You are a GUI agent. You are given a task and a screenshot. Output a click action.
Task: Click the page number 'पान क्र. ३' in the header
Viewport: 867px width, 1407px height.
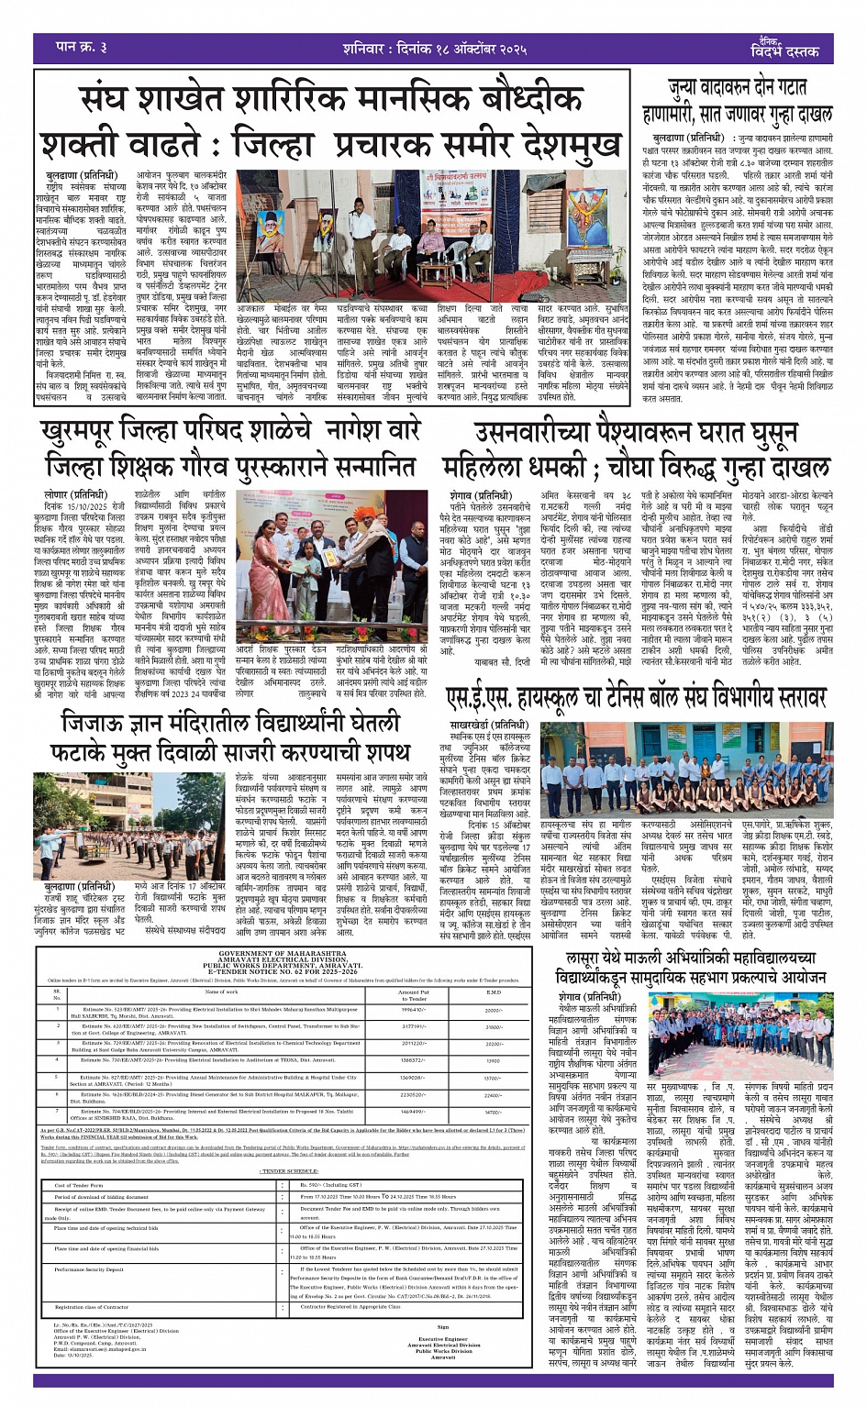(x=82, y=46)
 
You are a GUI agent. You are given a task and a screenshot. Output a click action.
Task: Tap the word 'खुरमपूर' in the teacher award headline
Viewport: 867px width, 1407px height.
(x=96, y=432)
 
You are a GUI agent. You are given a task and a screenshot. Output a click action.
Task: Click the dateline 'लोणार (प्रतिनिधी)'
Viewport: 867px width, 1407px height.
(x=72, y=494)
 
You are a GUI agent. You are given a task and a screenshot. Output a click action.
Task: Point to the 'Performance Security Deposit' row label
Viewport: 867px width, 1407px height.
(x=89, y=1270)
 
